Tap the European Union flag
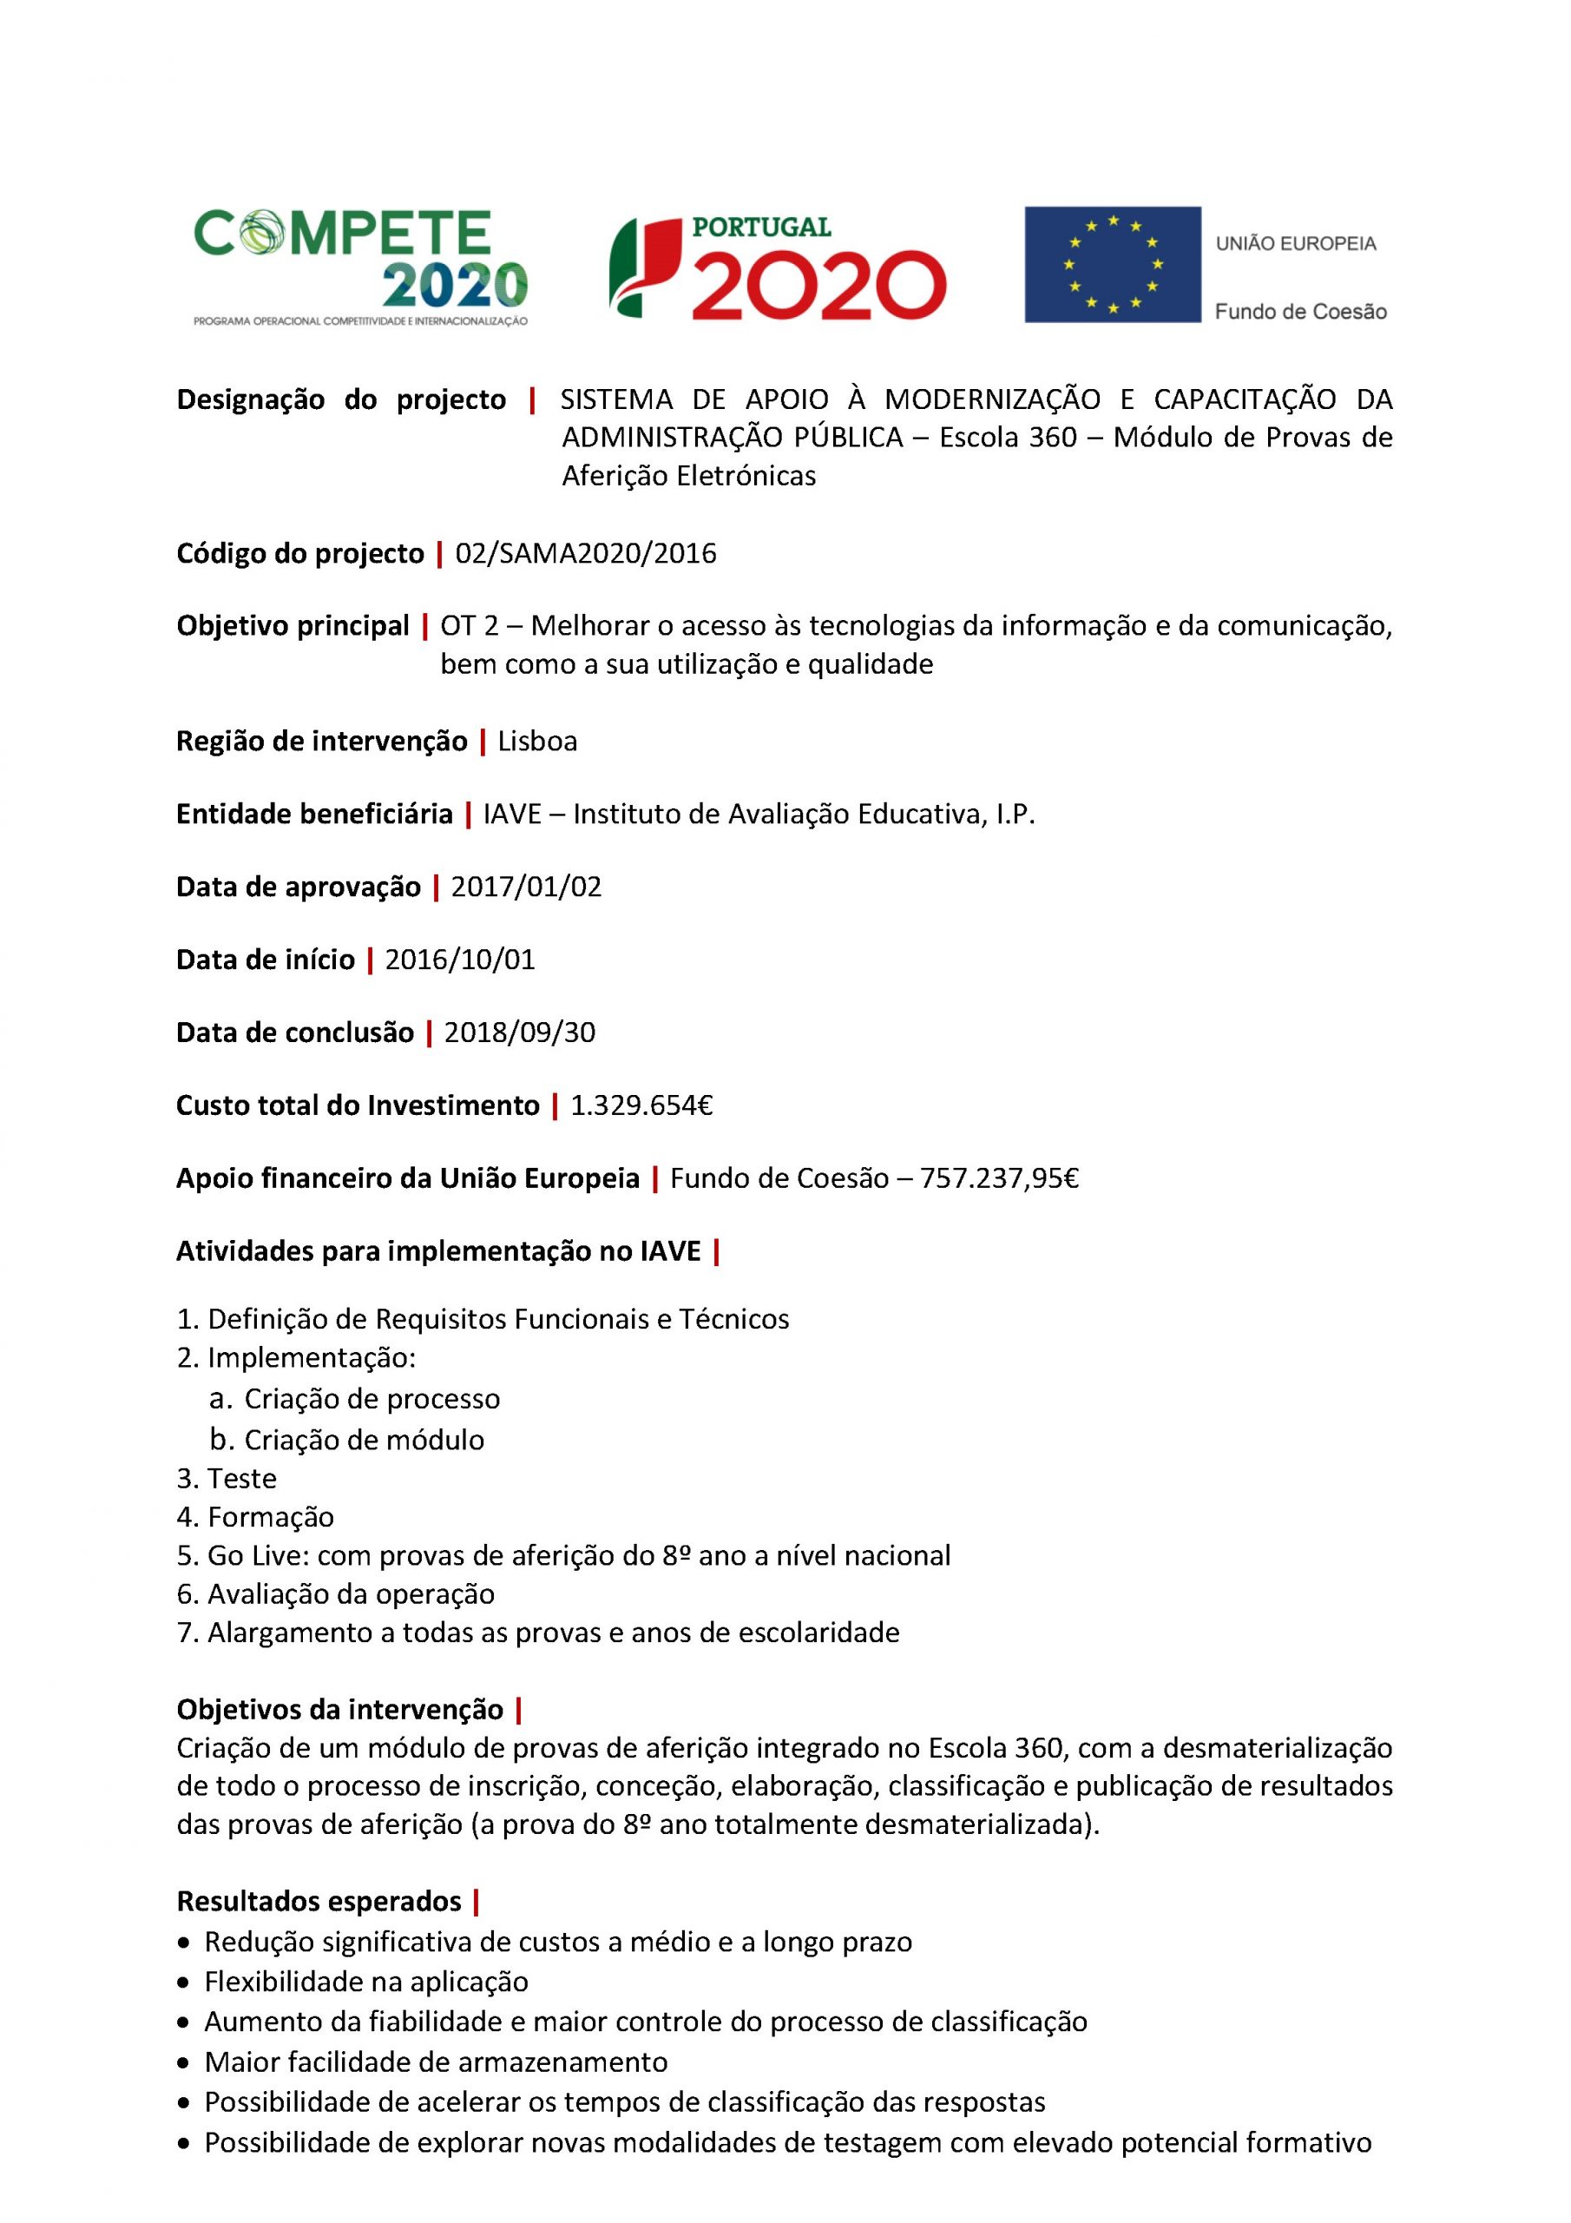point(1112,263)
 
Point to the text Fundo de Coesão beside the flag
point(1300,312)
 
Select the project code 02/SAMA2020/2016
point(586,554)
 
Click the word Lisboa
point(537,742)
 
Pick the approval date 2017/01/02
point(527,887)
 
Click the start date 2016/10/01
point(460,960)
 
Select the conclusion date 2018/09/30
point(520,1033)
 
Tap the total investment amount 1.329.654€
point(641,1105)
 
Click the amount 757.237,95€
point(1000,1178)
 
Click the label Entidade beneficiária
point(314,815)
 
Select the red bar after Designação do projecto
point(532,399)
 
